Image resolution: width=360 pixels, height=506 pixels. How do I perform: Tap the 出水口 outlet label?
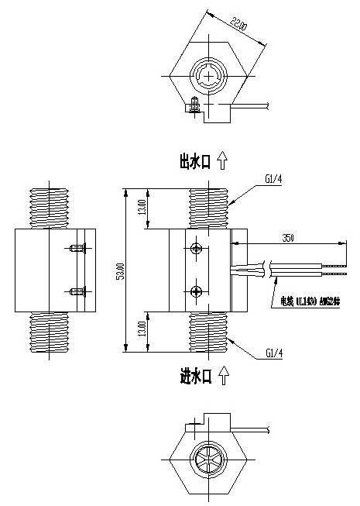pyautogui.click(x=194, y=160)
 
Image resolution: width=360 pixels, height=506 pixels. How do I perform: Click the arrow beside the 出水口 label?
pyautogui.click(x=222, y=160)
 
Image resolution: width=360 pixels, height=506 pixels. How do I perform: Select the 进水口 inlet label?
pyautogui.click(x=194, y=377)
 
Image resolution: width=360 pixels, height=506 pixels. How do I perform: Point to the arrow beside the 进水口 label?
pyautogui.click(x=222, y=377)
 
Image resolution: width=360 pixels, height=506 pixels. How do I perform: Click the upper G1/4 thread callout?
pyautogui.click(x=273, y=180)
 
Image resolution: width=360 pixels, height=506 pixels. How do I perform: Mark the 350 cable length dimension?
pyautogui.click(x=287, y=236)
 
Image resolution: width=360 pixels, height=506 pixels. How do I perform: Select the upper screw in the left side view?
pyautogui.click(x=76, y=249)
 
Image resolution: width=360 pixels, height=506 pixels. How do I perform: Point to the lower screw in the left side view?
pyautogui.click(x=76, y=291)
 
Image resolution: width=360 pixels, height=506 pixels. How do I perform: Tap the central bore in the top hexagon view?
pyautogui.click(x=208, y=77)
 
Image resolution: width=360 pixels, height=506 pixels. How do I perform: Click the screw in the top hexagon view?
pyautogui.click(x=194, y=104)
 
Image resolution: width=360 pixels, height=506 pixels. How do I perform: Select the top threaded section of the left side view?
pyautogui.click(x=53, y=207)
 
